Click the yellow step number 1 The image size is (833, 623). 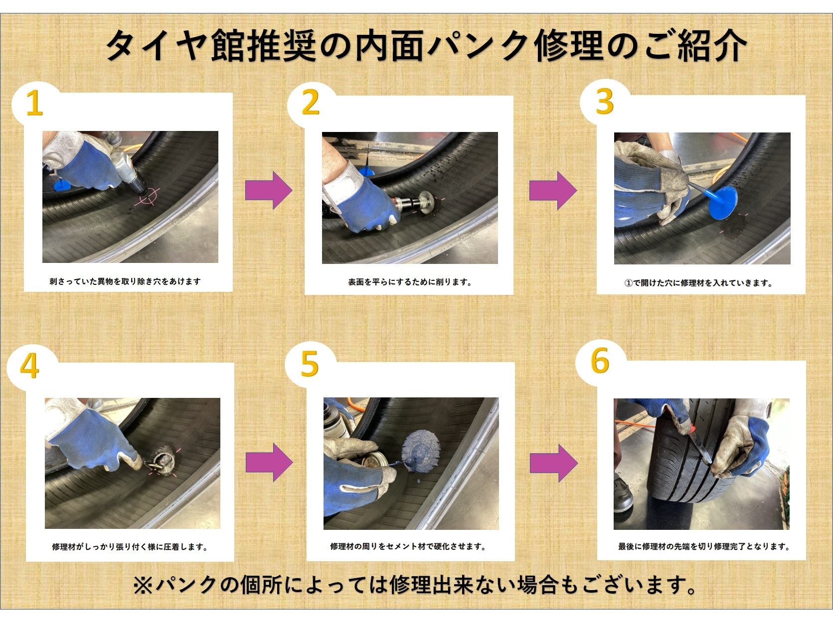pos(34,103)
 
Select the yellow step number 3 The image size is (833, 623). pos(605,101)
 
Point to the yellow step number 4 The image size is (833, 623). pos(29,367)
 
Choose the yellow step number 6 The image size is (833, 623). pos(600,361)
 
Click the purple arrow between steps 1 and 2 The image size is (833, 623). pos(269,190)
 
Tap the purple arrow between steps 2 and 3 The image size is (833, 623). pos(553,190)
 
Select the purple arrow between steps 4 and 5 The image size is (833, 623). pos(269,462)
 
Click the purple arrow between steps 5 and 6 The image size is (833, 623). pos(554,463)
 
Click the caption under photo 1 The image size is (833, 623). pos(125,281)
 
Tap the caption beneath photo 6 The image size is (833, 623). pos(703,546)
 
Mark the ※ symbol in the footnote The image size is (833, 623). pos(143,585)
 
